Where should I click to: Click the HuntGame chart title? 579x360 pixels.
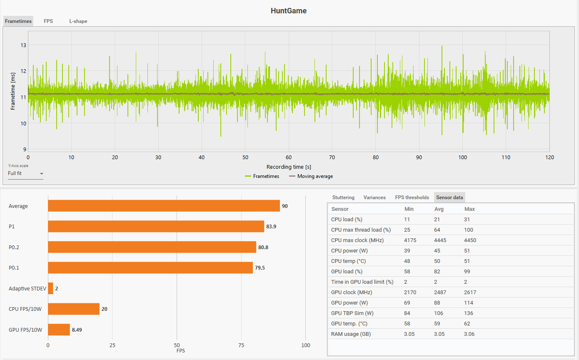click(x=289, y=11)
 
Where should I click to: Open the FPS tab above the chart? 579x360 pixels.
click(x=48, y=21)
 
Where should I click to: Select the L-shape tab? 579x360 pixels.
click(x=78, y=21)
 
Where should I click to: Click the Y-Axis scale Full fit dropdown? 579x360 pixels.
click(x=25, y=173)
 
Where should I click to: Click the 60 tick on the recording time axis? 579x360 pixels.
click(x=289, y=157)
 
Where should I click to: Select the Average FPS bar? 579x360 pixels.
click(x=164, y=206)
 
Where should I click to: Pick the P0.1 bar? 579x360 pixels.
click(x=150, y=267)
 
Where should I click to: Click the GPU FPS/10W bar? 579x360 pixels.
click(x=59, y=330)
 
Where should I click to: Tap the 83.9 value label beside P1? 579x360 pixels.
click(x=272, y=227)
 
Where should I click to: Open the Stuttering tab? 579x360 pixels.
click(x=343, y=197)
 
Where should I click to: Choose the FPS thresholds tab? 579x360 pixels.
click(x=412, y=197)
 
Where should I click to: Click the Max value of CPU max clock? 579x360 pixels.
click(x=470, y=240)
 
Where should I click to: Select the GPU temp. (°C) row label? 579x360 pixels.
click(x=349, y=324)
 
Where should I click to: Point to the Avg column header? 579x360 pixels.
click(x=439, y=209)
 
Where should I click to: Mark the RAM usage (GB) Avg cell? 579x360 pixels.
click(x=440, y=334)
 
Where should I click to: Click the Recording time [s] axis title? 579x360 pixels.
click(x=289, y=167)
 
